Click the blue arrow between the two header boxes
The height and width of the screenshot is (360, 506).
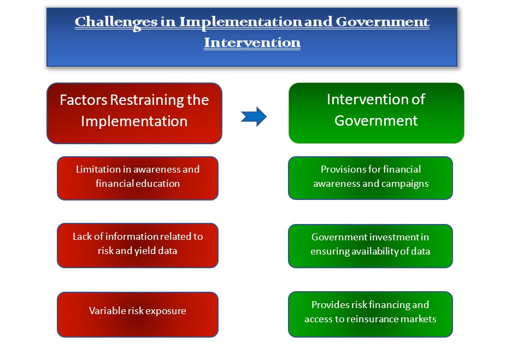click(254, 116)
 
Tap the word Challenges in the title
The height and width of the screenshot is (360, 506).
click(116, 22)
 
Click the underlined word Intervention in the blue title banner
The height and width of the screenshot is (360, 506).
click(252, 43)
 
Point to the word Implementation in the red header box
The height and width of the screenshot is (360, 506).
click(134, 121)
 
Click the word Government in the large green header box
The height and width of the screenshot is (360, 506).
click(376, 121)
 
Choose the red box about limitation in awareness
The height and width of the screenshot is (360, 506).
click(138, 179)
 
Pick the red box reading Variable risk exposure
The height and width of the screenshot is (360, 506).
click(138, 315)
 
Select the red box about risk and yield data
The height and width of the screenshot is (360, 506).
click(138, 245)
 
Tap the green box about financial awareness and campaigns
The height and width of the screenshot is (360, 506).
click(370, 178)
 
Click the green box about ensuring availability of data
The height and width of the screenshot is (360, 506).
click(370, 246)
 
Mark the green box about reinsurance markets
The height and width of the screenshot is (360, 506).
click(370, 314)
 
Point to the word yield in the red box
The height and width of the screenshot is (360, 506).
click(145, 251)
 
